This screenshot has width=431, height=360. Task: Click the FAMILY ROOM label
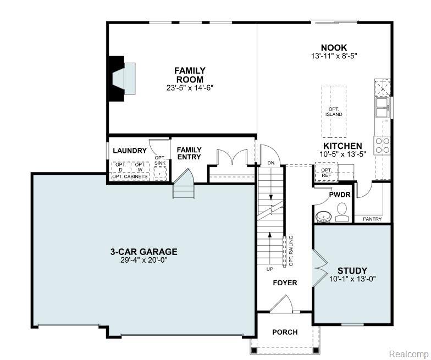coord(190,75)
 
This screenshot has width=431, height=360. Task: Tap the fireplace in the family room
coord(122,79)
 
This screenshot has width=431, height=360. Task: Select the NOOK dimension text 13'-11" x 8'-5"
coord(334,56)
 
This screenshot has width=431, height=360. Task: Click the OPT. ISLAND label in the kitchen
coord(334,112)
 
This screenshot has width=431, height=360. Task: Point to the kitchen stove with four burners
coord(382,146)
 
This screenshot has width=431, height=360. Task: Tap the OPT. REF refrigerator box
coord(327,173)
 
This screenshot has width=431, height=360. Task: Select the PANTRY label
coord(372,219)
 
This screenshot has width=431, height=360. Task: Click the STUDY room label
coord(352,270)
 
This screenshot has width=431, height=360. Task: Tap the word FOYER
coord(285,283)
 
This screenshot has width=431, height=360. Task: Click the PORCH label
coord(285,332)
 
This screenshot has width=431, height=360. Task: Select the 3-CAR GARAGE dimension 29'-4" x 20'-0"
coord(144,261)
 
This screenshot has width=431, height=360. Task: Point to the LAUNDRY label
coord(130,151)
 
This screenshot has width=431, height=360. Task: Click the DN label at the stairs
coord(271,163)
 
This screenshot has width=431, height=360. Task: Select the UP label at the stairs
coord(269,269)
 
